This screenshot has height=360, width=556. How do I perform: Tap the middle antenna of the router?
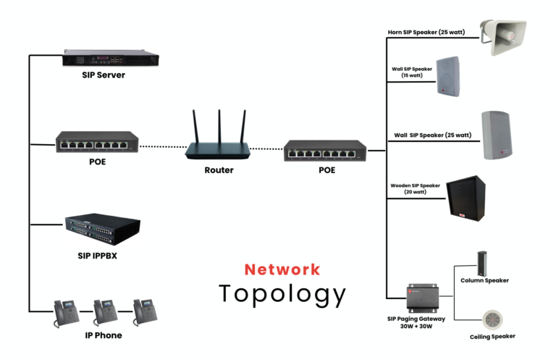tap(219, 125)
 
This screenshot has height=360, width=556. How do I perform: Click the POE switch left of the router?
tap(98, 143)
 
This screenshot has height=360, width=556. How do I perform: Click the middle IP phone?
tap(106, 312)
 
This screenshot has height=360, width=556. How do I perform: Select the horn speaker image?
tap(507, 37)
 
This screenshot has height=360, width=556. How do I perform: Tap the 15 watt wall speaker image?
tap(449, 77)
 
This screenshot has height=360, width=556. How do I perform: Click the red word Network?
tap(282, 269)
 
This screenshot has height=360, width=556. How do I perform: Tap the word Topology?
tap(282, 294)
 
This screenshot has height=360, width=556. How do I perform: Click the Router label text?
tap(219, 170)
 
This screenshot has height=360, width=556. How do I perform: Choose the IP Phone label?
tap(104, 335)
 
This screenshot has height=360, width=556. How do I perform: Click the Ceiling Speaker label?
tap(492, 337)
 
